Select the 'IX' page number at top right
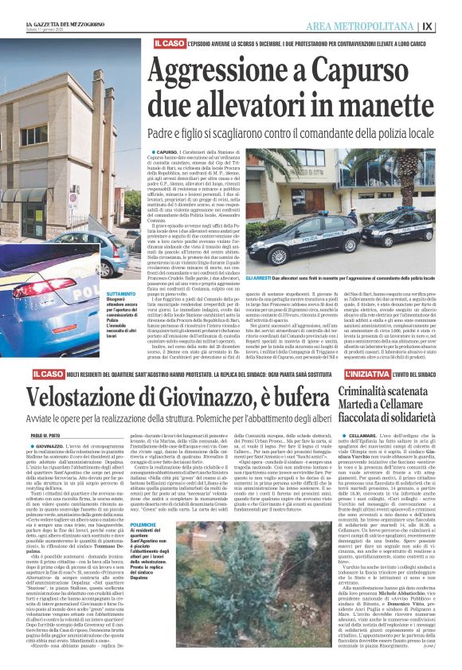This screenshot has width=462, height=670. point(450,25)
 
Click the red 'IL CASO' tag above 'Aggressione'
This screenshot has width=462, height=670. point(170,42)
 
